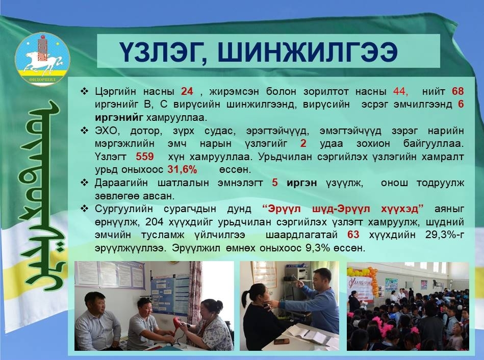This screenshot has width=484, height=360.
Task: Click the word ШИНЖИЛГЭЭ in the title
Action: [x=308, y=52]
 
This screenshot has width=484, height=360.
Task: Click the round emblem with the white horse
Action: [x=42, y=58]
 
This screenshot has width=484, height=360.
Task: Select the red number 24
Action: [x=187, y=91]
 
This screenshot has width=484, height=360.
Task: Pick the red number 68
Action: [x=458, y=91]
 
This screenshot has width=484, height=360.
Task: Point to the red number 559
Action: [x=145, y=157]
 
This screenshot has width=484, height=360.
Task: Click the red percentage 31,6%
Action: [x=182, y=169]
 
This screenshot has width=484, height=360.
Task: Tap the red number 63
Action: [x=353, y=235]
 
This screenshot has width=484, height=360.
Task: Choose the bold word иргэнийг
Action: [x=119, y=118]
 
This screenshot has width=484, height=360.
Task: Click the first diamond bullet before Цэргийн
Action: [x=84, y=91]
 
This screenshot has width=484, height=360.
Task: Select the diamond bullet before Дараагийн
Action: [x=84, y=183]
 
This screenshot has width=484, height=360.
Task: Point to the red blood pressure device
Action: [x=177, y=325]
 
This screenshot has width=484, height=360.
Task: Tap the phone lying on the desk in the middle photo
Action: [x=282, y=342]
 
